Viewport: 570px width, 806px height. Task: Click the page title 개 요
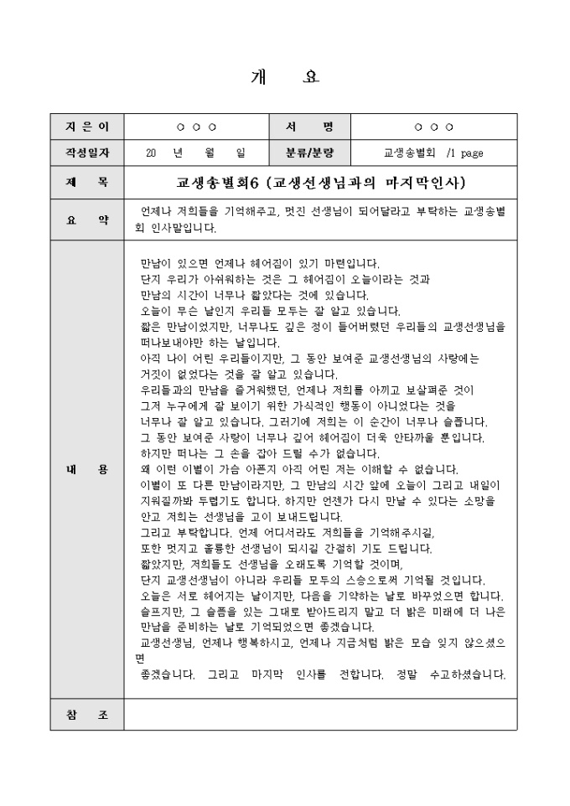coord(285,77)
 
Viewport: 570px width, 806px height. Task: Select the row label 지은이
coord(87,127)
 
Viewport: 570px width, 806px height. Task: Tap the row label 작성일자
coord(87,152)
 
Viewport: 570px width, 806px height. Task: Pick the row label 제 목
coord(87,181)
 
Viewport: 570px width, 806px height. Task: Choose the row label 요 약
coord(87,220)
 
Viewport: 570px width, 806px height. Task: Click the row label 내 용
coord(87,470)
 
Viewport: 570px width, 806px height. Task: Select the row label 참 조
coord(87,714)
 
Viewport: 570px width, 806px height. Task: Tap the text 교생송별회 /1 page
coord(433,152)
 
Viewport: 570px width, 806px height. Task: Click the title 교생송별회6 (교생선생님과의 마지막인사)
coord(321,181)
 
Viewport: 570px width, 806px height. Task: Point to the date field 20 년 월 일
coord(195,152)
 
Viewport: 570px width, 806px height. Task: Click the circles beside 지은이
coord(196,127)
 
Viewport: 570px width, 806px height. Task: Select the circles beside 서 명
coord(433,127)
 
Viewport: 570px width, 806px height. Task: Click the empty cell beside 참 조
coord(321,714)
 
